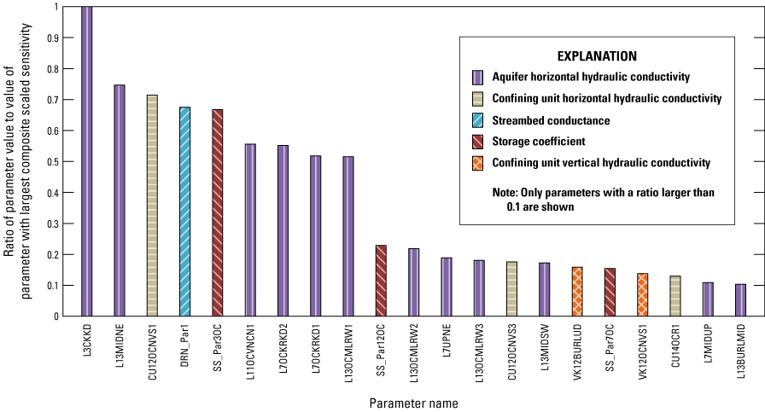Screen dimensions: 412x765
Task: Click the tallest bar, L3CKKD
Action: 87,161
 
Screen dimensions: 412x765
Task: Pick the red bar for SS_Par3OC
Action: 218,213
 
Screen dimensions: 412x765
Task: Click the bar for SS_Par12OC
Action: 381,281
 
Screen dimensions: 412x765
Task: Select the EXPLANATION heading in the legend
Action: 597,57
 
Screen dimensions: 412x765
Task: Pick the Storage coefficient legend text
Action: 540,142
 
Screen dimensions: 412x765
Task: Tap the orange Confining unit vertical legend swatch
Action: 477,163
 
